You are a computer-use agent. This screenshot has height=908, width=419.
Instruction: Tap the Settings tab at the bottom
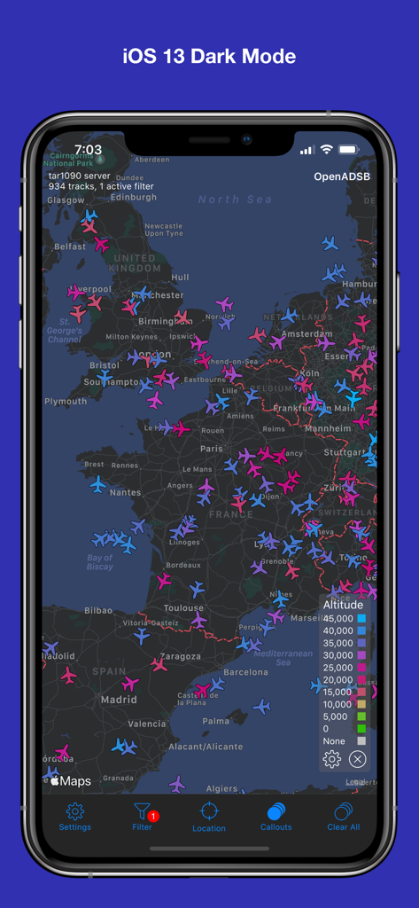point(75,816)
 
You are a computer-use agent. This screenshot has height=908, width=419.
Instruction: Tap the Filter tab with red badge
point(142,816)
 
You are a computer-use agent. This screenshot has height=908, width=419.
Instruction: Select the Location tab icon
point(209,816)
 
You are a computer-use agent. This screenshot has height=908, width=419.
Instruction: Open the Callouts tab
point(275,816)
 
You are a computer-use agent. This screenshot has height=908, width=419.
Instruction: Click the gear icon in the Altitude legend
point(332,759)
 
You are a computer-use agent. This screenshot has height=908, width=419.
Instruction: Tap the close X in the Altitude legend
point(358,759)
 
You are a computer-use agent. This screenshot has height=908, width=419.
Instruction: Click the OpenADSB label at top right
point(342,176)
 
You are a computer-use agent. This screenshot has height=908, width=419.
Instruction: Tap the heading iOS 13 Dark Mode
point(209,57)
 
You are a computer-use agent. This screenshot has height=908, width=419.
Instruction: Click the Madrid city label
point(119,699)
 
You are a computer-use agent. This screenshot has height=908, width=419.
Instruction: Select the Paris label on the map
point(212,450)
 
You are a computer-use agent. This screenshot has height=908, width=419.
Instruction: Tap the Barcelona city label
point(245,672)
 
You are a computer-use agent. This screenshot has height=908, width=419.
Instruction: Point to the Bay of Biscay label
point(100,562)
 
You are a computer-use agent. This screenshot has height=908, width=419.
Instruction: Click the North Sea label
point(235,200)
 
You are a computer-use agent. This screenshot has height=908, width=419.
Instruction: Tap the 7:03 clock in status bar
point(88,150)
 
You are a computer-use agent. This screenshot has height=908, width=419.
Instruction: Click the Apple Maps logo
point(70,781)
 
